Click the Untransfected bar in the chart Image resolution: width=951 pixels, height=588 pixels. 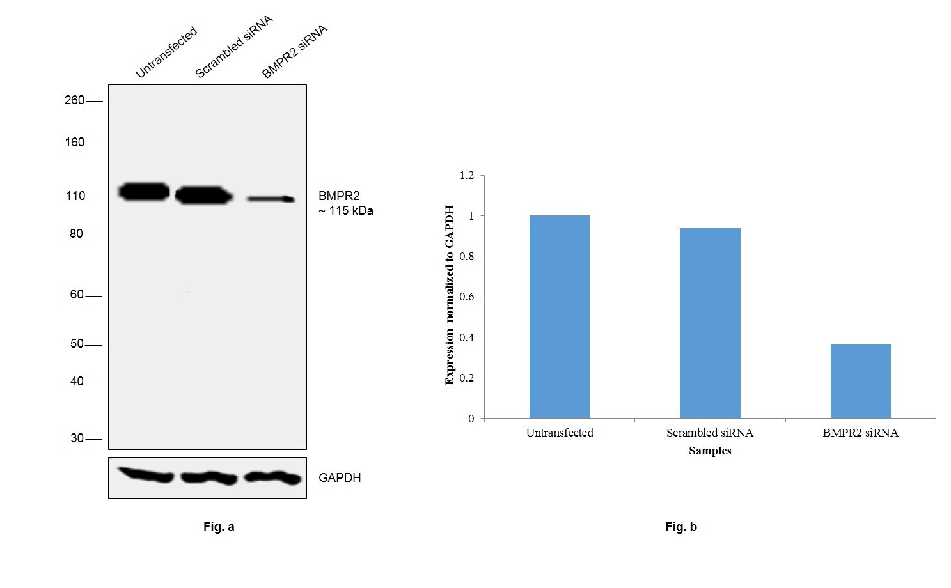click(559, 317)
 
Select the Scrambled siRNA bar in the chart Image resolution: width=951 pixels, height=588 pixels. click(710, 323)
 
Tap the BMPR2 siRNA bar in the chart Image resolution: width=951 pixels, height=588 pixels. click(860, 382)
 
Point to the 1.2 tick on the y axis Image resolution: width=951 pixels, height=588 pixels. click(467, 175)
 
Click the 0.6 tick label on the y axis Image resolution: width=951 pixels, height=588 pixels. click(467, 297)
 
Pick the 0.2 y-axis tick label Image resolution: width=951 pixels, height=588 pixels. click(467, 378)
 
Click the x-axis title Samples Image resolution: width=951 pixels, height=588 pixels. click(710, 451)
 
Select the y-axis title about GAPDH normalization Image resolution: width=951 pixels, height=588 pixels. click(450, 295)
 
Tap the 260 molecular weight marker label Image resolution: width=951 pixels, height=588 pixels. click(74, 100)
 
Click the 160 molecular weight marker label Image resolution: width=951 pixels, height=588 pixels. click(74, 142)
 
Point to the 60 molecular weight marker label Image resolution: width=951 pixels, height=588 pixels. click(77, 295)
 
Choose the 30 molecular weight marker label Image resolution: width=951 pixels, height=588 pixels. click(77, 438)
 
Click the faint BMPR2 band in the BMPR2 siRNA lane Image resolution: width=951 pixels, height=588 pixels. click(271, 199)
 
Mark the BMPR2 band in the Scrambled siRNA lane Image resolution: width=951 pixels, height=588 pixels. click(203, 195)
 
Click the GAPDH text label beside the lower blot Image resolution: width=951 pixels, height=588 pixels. click(340, 478)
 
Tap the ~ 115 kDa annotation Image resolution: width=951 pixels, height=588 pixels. click(346, 211)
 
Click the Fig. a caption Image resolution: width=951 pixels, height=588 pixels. click(219, 527)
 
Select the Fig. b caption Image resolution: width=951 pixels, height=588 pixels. click(681, 527)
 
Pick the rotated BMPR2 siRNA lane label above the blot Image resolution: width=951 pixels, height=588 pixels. click(294, 52)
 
